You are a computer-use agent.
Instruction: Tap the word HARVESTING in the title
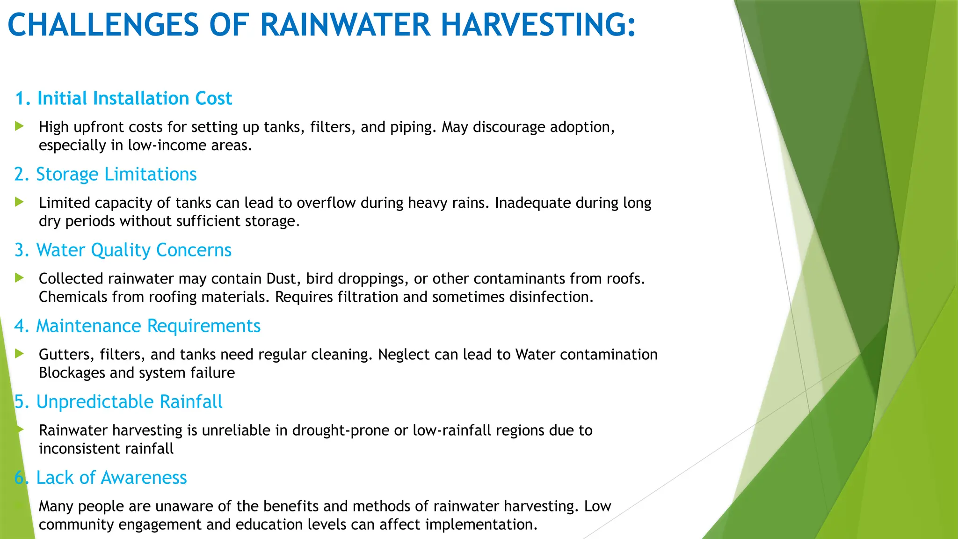[x=538, y=25]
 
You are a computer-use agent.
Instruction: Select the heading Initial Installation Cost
[x=134, y=99]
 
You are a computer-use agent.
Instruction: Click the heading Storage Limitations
[x=116, y=175]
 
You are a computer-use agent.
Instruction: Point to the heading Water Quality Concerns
[x=134, y=250]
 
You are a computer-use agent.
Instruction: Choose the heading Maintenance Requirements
[x=148, y=326]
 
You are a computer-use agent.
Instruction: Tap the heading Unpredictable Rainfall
[x=129, y=402]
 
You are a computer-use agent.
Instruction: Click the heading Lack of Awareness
[x=111, y=478]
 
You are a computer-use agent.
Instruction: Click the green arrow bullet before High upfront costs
[x=19, y=126]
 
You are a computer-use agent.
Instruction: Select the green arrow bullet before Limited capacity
[x=19, y=202]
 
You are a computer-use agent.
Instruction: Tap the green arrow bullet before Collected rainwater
[x=19, y=277]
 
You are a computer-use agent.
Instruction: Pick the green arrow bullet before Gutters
[x=19, y=353]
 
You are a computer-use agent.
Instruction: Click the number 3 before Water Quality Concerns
[x=20, y=250]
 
